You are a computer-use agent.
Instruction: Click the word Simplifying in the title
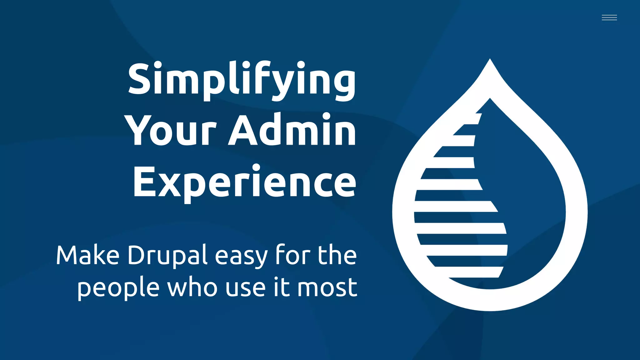242,79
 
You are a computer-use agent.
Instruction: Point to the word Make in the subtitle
88,255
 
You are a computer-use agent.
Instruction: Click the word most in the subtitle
327,287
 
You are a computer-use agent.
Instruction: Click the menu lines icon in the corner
609,17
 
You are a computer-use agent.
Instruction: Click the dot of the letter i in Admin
327,116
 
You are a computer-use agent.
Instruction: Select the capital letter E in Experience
144,182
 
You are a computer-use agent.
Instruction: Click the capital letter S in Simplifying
140,78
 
